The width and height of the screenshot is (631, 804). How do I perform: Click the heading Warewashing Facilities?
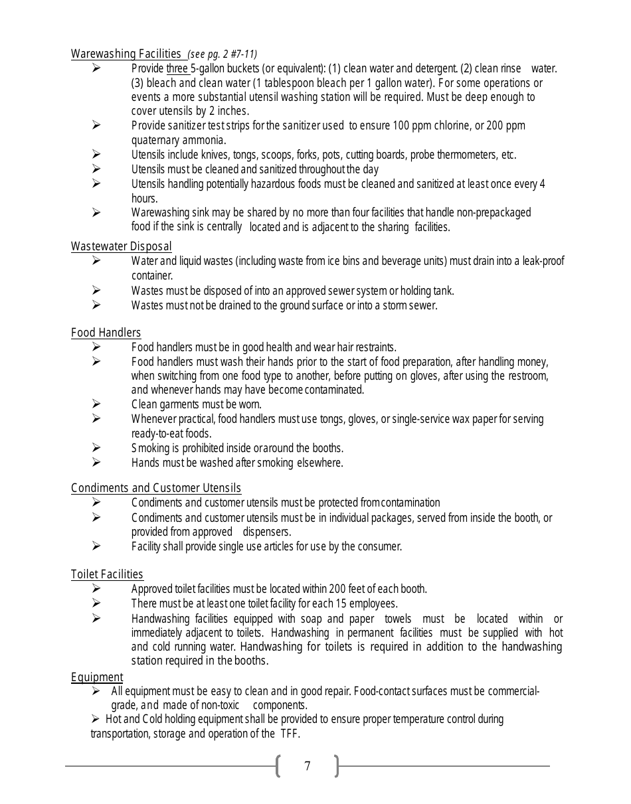pyautogui.click(x=126, y=54)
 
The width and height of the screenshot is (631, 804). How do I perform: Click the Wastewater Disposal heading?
pyautogui.click(x=121, y=246)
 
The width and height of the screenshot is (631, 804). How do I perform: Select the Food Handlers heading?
pyautogui.click(x=106, y=333)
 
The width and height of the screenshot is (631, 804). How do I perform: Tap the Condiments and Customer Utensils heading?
pyautogui.click(x=155, y=488)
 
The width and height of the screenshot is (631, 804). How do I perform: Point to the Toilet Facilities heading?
pyautogui.click(x=107, y=574)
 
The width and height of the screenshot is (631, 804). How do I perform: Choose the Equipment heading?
pyautogui.click(x=97, y=677)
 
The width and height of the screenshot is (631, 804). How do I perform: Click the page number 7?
pyautogui.click(x=307, y=766)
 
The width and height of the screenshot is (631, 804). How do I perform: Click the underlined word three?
pyautogui.click(x=177, y=68)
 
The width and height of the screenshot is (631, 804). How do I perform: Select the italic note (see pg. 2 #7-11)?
pyautogui.click(x=223, y=54)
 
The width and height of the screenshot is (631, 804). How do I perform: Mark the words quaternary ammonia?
pyautogui.click(x=178, y=140)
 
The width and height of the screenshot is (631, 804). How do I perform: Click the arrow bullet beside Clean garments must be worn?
pyautogui.click(x=96, y=404)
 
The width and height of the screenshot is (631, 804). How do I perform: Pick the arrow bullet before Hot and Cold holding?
pyautogui.click(x=95, y=719)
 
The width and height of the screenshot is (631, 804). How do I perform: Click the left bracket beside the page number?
pyautogui.click(x=278, y=766)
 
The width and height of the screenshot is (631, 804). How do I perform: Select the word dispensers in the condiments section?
pyautogui.click(x=266, y=532)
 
